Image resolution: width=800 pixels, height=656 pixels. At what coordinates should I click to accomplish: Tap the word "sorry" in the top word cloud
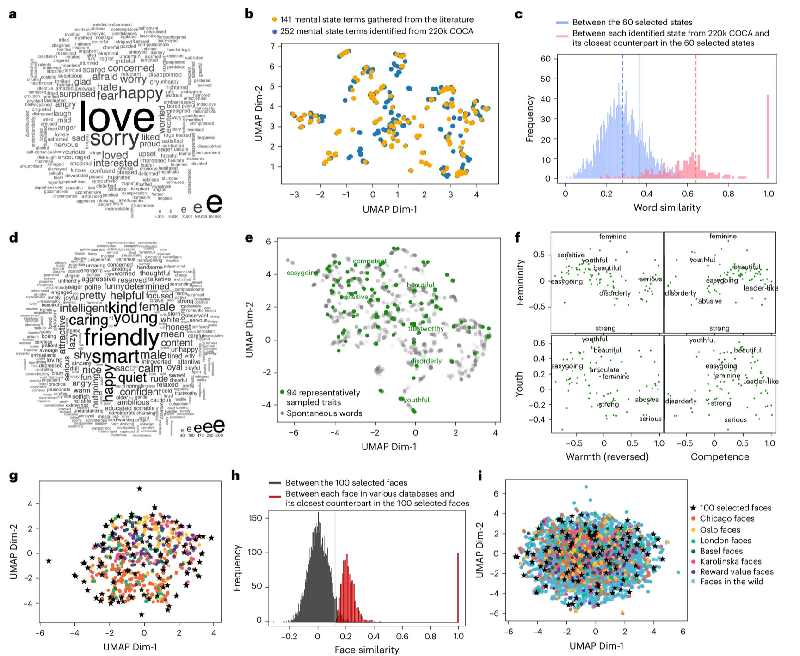click(x=114, y=138)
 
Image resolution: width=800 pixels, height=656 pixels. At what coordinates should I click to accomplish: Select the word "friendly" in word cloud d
click(x=122, y=338)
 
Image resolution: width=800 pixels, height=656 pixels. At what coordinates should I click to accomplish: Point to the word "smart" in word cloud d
click(x=116, y=357)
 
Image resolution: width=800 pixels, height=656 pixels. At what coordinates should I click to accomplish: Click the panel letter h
click(x=235, y=475)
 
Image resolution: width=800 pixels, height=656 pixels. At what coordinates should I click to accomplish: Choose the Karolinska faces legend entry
click(x=731, y=561)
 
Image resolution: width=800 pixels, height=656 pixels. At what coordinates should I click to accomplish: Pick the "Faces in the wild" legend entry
click(x=731, y=582)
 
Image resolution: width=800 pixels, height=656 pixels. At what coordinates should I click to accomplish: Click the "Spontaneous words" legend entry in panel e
click(x=324, y=413)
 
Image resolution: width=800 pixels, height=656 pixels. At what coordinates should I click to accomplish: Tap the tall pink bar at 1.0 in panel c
click(x=768, y=137)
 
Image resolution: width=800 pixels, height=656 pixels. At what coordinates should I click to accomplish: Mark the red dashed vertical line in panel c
click(x=695, y=115)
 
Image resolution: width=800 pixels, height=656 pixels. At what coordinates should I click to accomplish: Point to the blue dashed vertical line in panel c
click(x=622, y=115)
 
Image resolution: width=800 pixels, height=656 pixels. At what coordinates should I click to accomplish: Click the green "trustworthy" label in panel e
click(x=426, y=328)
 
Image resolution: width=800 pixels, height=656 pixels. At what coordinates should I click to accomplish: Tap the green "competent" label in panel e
click(x=369, y=261)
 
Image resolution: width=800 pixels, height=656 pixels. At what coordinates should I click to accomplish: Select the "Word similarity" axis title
click(x=667, y=207)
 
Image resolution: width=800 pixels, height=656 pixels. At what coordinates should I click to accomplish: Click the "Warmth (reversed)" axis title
click(x=607, y=456)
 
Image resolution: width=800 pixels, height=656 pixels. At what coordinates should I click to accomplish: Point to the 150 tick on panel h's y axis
click(x=255, y=518)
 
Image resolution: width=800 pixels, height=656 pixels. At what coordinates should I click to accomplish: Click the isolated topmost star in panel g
click(x=140, y=488)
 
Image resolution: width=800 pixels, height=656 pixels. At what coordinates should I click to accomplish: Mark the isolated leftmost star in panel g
click(x=49, y=561)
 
